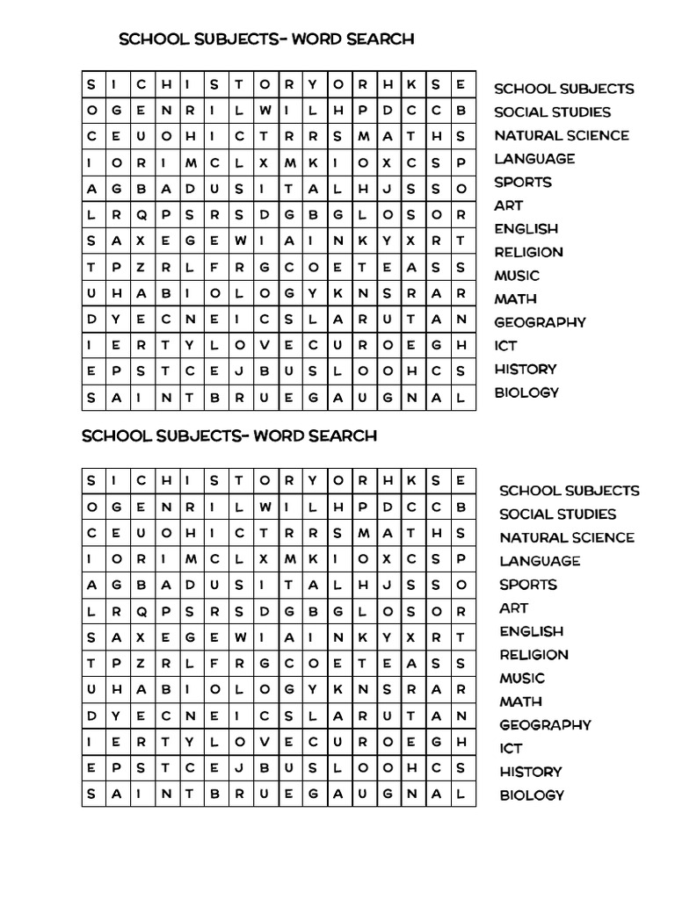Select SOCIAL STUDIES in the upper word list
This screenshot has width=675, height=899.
pyautogui.click(x=552, y=112)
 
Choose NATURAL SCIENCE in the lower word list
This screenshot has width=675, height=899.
pyautogui.click(x=567, y=537)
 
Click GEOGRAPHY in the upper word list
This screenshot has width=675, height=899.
pyautogui.click(x=540, y=322)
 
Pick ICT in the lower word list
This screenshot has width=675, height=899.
pyautogui.click(x=511, y=748)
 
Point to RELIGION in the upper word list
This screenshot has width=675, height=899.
pyautogui.click(x=528, y=252)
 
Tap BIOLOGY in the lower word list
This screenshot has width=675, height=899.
pyautogui.click(x=532, y=795)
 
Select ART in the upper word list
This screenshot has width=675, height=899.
pyautogui.click(x=508, y=205)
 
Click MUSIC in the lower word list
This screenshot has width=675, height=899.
pyautogui.click(x=522, y=678)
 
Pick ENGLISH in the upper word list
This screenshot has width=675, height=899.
pyautogui.click(x=526, y=229)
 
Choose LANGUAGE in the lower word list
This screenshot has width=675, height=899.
pyautogui.click(x=540, y=561)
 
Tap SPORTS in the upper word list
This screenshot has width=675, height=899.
pyautogui.click(x=523, y=183)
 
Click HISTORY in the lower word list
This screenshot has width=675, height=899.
pyautogui.click(x=530, y=772)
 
